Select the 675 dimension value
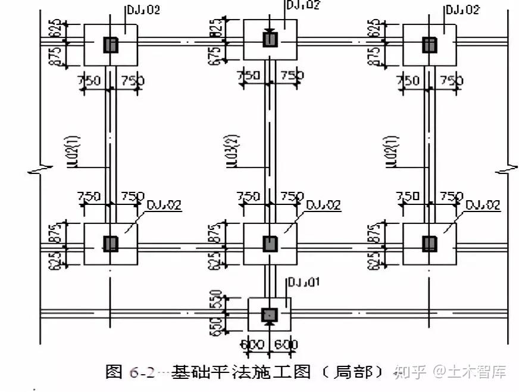point(217,52)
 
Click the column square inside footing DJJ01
point(270,314)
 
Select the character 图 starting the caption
point(114,372)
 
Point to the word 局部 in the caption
point(358,372)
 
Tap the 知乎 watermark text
point(411,373)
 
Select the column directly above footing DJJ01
point(270,243)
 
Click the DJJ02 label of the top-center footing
point(303,5)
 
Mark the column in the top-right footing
point(429,44)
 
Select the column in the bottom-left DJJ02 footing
point(110,243)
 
